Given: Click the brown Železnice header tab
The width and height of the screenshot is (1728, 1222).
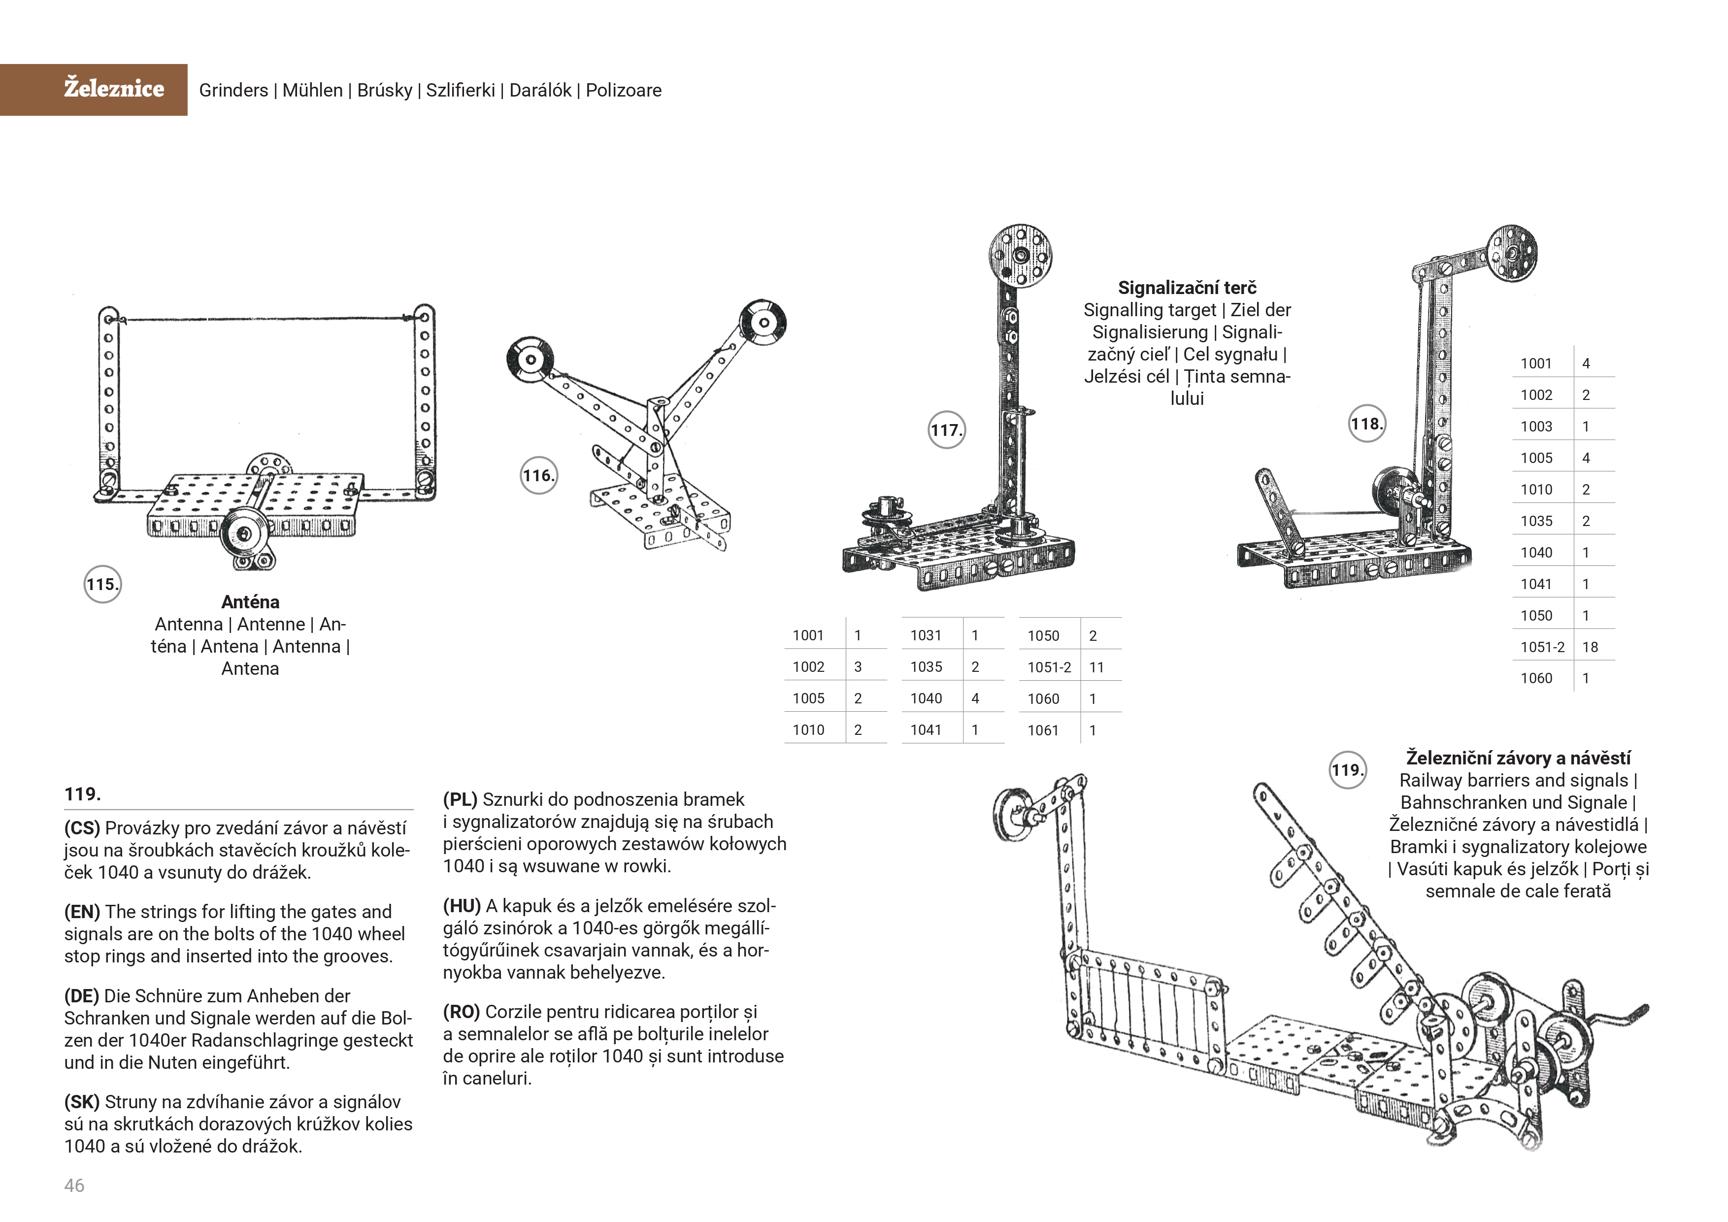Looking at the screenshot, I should pos(93,90).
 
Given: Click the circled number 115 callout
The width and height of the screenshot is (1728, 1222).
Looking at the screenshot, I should pos(102,585).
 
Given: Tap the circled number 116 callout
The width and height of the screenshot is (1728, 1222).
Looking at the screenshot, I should pos(539,476).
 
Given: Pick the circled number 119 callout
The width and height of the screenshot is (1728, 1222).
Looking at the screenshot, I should pos(1347,770).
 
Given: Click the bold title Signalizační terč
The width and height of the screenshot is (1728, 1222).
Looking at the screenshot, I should pos(1187,288).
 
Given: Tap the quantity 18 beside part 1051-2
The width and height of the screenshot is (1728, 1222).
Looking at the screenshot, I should pos(1590,647).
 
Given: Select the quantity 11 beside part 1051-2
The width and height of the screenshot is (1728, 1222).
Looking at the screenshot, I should pos(1097,667).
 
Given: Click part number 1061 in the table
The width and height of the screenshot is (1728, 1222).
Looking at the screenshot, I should pos(1043,730).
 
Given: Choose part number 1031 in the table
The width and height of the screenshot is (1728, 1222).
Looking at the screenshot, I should pos(926,635).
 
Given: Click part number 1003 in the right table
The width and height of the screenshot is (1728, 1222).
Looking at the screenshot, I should pos(1536,427).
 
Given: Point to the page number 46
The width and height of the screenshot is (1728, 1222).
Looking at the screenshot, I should pos(74,1186).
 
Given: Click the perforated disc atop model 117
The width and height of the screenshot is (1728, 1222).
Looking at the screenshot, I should pos(1020,256).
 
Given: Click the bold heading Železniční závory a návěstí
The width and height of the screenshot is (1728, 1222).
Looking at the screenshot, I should pos(1518,758).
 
